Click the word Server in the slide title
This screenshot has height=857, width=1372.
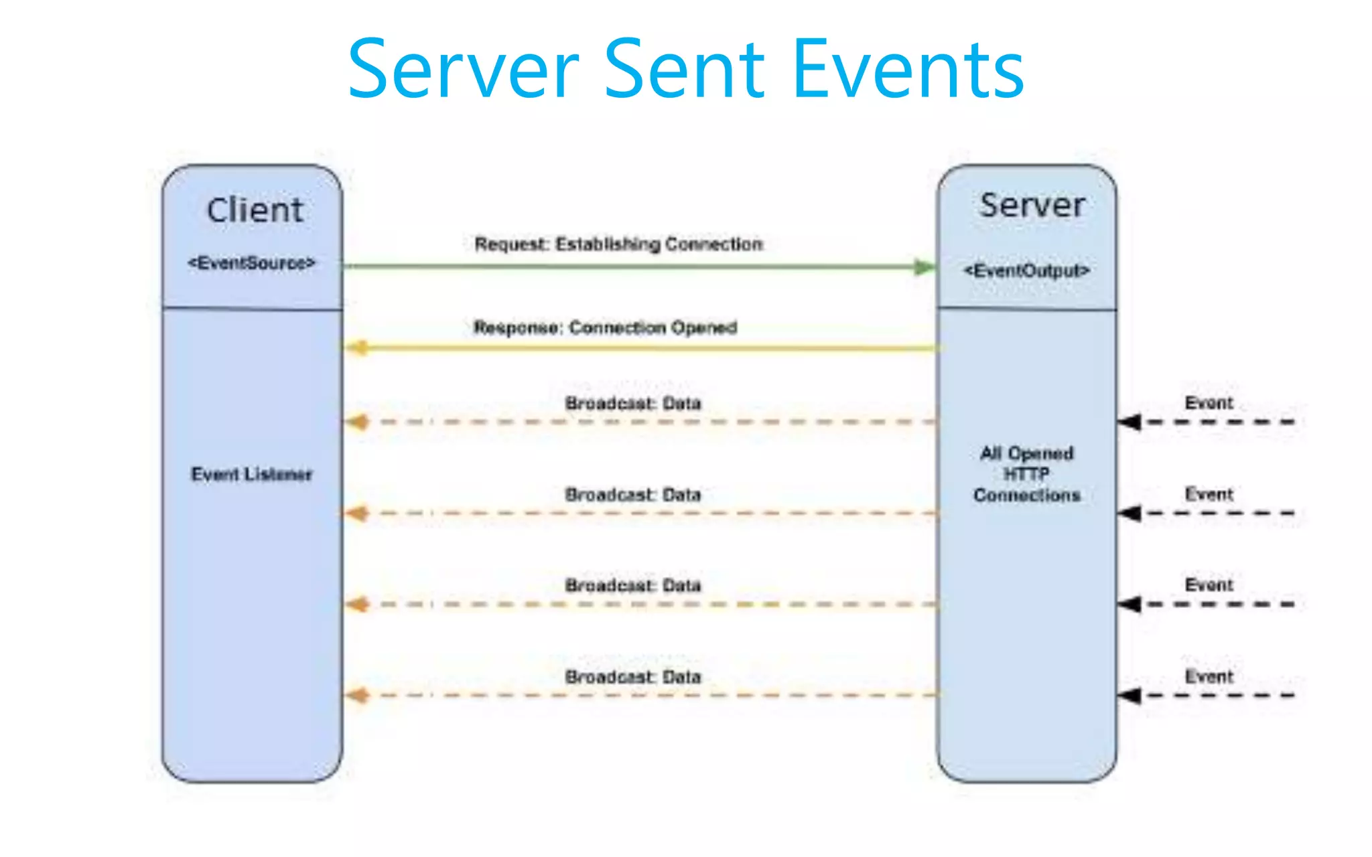tap(463, 70)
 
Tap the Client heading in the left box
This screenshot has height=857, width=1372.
tap(255, 210)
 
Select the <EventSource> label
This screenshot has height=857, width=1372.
tap(252, 263)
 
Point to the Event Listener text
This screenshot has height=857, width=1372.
tap(252, 474)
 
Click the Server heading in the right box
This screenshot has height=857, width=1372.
tap(1032, 206)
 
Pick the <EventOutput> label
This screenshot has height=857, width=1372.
tap(1027, 270)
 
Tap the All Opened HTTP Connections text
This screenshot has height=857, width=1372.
tap(1027, 474)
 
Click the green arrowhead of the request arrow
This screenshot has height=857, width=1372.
tap(925, 267)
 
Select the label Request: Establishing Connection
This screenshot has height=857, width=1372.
tap(618, 244)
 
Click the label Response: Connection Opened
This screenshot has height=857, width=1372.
tap(606, 327)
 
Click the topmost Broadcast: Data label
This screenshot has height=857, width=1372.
tap(633, 403)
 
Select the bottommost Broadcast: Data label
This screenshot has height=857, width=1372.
tap(633, 677)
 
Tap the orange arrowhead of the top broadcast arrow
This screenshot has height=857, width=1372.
tap(357, 422)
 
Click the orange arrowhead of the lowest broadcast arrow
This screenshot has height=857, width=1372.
tap(357, 695)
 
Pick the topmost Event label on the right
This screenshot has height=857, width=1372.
tap(1209, 403)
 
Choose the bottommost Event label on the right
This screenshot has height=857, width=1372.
tap(1209, 677)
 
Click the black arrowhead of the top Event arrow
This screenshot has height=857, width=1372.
tap(1130, 422)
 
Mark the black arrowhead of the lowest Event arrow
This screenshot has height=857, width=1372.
tap(1130, 695)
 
